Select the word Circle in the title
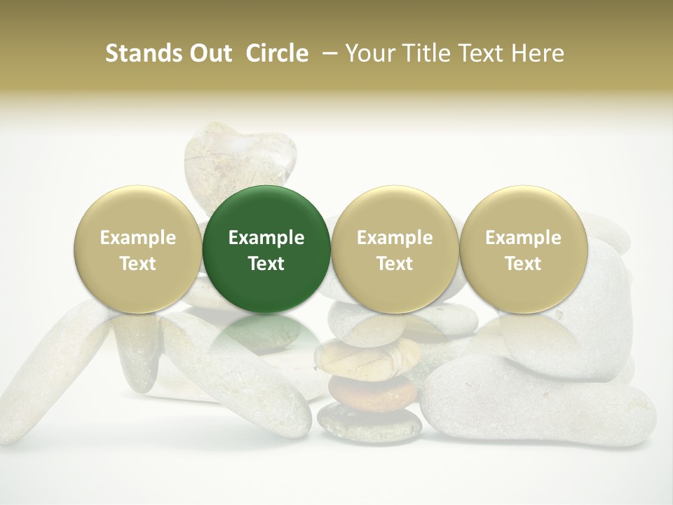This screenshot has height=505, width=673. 277,53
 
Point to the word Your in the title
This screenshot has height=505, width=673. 369,53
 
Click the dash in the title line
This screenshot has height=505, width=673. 327,53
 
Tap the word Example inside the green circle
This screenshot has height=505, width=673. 266,238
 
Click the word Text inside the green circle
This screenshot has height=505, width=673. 266,264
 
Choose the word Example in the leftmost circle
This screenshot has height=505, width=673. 137,238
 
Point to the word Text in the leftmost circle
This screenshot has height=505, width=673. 137,264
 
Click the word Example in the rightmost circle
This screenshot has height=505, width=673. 523,238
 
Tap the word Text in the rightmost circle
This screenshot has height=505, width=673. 523,264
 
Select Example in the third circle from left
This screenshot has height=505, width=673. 394,238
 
